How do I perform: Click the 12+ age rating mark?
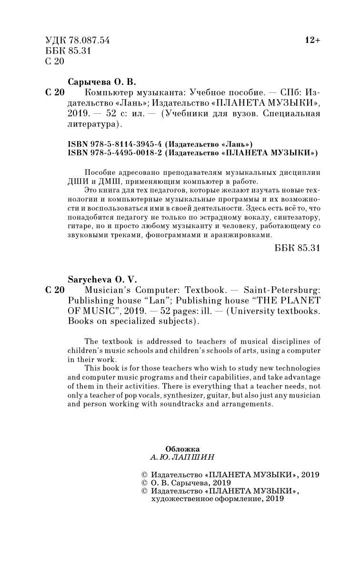[x=312, y=41]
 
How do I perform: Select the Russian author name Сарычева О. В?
[x=102, y=81]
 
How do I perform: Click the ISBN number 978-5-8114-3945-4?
[x=127, y=144]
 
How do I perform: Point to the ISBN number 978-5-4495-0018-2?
[x=127, y=153]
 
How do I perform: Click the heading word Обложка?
[x=182, y=449]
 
